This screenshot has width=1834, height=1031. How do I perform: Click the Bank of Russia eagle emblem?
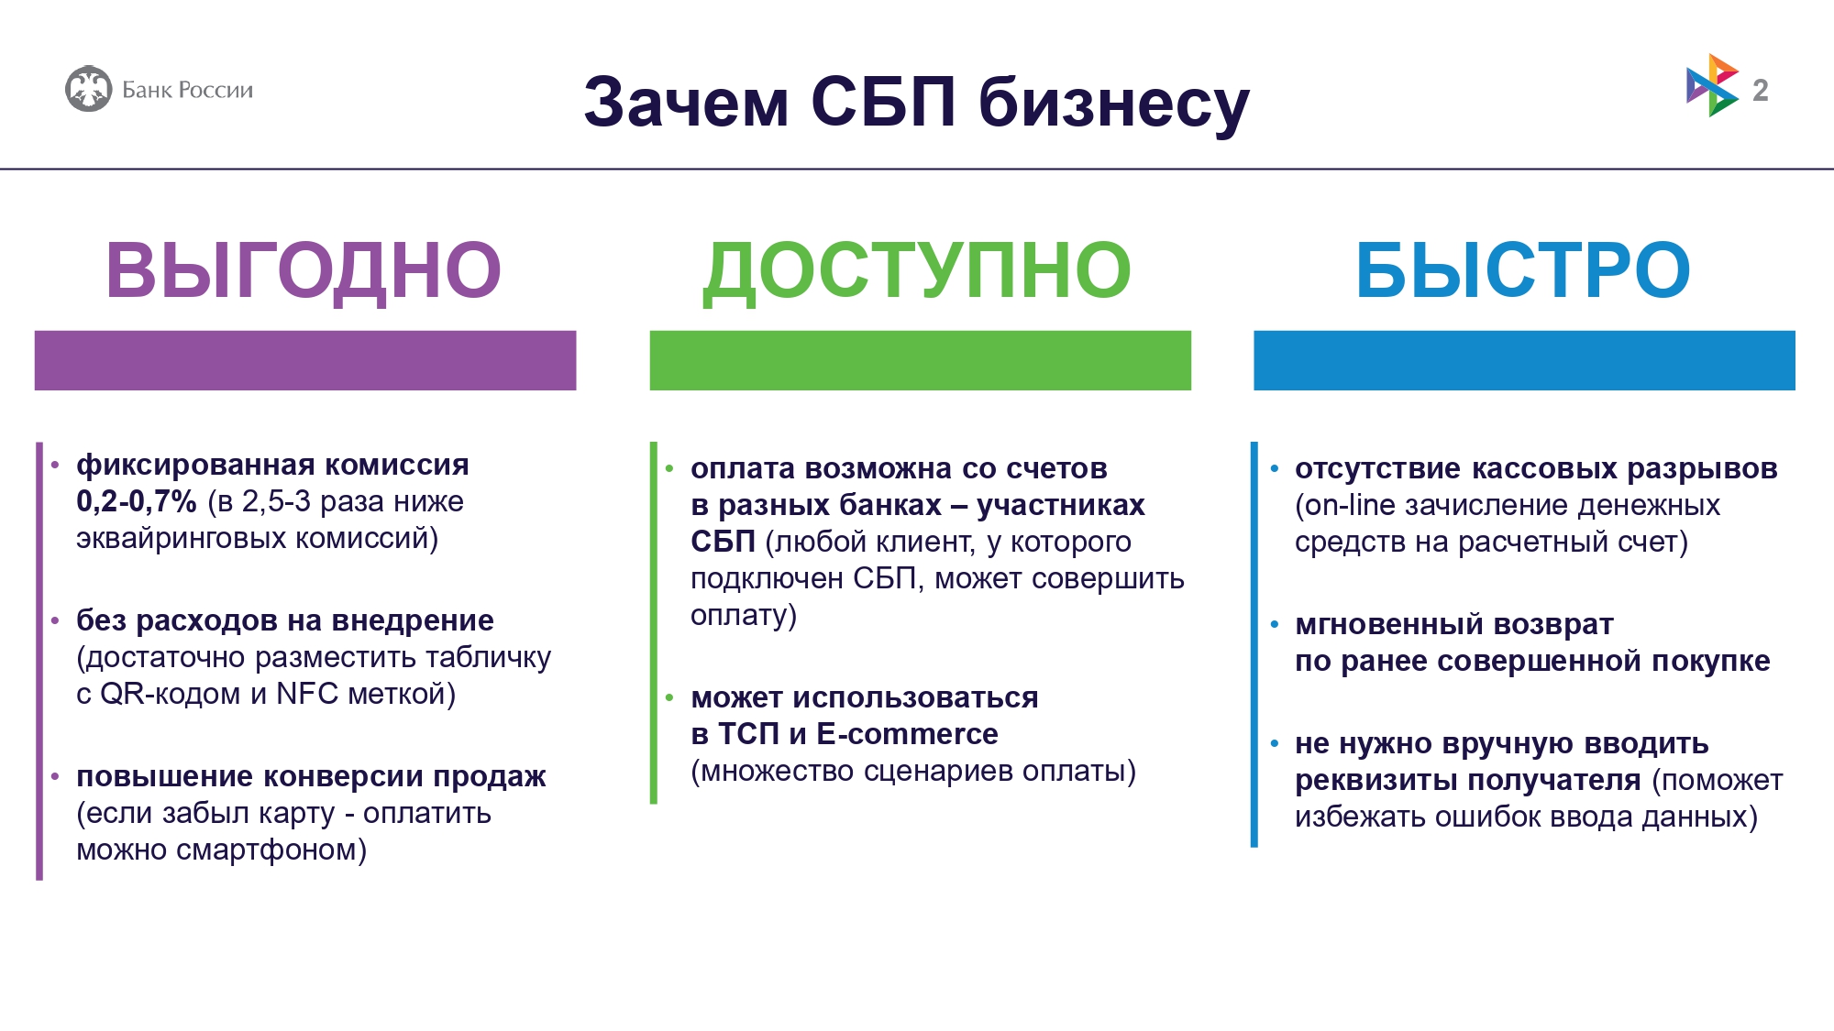[88, 89]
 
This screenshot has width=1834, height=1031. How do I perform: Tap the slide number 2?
[1760, 90]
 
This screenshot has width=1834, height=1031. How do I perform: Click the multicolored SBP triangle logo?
[1712, 85]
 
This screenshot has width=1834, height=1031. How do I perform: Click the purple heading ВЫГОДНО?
[304, 269]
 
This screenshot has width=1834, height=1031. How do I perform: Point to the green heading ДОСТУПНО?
[917, 271]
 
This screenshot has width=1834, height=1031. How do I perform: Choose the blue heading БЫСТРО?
[1523, 269]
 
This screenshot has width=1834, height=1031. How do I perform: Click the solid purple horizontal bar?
[305, 360]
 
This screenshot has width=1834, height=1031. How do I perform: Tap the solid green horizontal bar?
[921, 360]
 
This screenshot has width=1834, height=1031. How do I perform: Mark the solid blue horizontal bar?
[1524, 360]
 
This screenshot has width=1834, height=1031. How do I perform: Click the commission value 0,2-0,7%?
[137, 501]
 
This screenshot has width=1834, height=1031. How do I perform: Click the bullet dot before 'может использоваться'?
[669, 698]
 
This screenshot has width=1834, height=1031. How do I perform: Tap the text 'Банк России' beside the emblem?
[187, 90]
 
